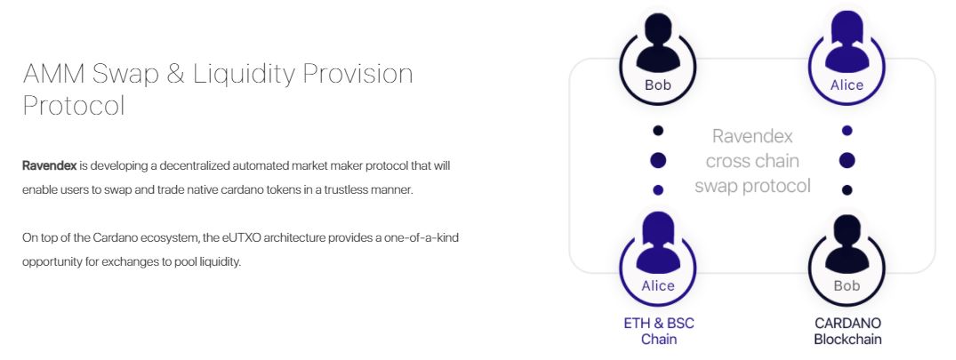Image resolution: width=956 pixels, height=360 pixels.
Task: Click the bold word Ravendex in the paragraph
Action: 50,165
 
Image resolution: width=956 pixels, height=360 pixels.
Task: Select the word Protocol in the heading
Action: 74,106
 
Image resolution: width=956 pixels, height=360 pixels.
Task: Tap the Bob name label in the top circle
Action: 658,85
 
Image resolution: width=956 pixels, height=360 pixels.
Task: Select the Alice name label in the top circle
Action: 847,85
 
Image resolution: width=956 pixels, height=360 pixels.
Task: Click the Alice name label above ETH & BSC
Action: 658,285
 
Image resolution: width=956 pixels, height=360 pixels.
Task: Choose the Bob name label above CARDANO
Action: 847,285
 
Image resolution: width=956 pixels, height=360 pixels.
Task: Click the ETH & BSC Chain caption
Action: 658,331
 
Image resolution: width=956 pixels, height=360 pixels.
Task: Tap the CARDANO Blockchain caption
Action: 848,331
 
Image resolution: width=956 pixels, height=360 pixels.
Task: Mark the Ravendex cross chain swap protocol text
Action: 752,161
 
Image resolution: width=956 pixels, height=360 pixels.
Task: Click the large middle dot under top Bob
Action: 658,161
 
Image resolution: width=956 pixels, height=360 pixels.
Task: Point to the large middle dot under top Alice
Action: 847,161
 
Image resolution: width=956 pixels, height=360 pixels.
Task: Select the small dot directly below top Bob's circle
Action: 658,131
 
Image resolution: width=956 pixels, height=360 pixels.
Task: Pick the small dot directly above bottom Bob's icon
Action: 847,190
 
